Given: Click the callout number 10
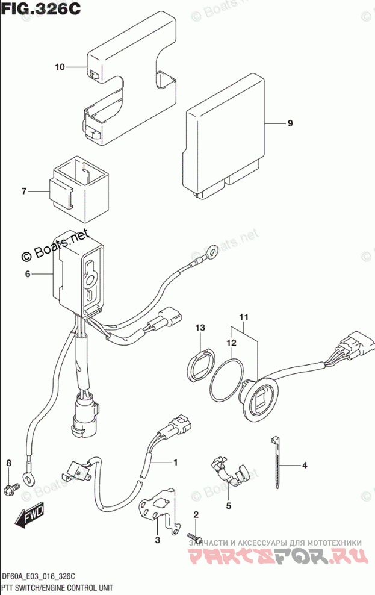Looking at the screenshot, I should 59,67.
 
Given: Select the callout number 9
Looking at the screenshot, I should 290,123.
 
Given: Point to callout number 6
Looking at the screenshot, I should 27,274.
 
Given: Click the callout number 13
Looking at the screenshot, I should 200,328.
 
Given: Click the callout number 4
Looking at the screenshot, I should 305,465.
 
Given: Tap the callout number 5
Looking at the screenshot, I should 229,506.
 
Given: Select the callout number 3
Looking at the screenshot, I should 157,540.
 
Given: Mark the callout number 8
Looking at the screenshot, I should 8,463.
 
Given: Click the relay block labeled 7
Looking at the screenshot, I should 81,184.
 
